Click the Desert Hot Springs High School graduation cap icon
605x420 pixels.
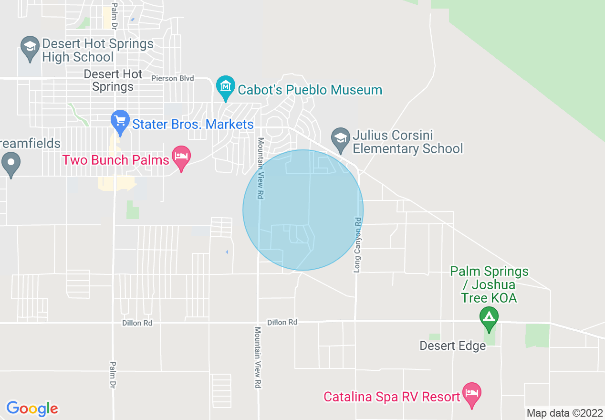(x=30, y=48)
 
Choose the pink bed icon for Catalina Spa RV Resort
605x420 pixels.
(x=471, y=394)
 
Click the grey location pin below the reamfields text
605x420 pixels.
(x=10, y=163)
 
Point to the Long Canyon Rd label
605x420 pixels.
(x=357, y=245)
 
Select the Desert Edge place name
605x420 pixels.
(x=452, y=346)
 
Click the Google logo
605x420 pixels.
(x=32, y=409)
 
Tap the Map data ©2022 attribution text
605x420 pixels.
(x=565, y=413)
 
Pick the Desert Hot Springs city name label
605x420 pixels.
(x=113, y=80)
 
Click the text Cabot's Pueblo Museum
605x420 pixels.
(x=310, y=90)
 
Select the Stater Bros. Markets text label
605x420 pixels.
(x=193, y=125)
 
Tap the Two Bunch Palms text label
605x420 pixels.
(x=116, y=160)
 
